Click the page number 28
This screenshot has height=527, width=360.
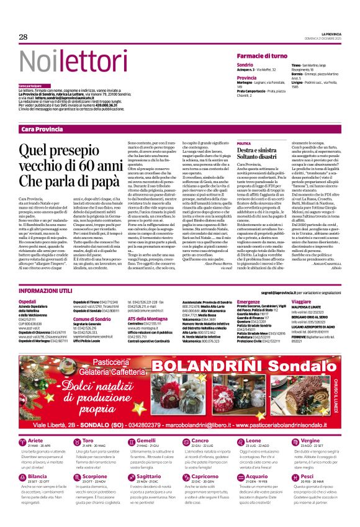coord(23,37)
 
